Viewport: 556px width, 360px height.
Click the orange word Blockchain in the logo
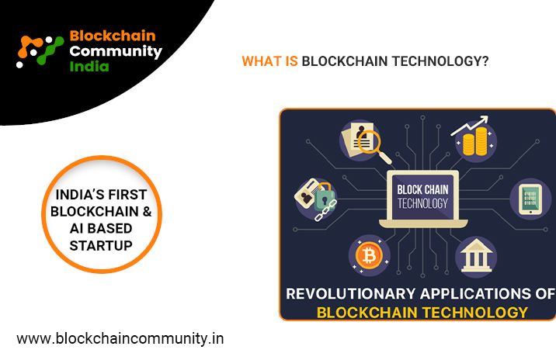pyautogui.click(x=113, y=36)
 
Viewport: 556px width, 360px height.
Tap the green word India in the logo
pyautogui.click(x=89, y=66)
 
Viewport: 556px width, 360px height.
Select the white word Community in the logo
pyautogui.click(x=116, y=52)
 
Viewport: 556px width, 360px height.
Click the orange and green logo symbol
pyautogui.click(x=40, y=50)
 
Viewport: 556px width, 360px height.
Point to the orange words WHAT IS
pyautogui.click(x=269, y=61)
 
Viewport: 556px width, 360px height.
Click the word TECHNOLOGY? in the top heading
pyautogui.click(x=440, y=61)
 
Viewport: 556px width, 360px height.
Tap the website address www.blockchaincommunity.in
pyautogui.click(x=120, y=338)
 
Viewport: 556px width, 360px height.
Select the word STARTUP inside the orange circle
pyautogui.click(x=101, y=245)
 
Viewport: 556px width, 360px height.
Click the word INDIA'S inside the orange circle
pyautogui.click(x=79, y=194)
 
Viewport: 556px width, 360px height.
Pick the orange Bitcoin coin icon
pyautogui.click(x=369, y=255)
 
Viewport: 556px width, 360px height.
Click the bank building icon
pyautogui.click(x=476, y=255)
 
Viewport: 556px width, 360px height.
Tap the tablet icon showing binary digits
pyautogui.click(x=530, y=199)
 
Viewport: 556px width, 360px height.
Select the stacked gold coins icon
pyautogui.click(x=475, y=142)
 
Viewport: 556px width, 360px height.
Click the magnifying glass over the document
pyautogui.click(x=373, y=146)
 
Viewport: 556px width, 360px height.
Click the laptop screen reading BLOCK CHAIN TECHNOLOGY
pyautogui.click(x=422, y=197)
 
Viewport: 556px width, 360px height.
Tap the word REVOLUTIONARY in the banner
pyautogui.click(x=351, y=294)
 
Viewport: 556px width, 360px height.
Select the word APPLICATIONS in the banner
pyautogui.click(x=474, y=294)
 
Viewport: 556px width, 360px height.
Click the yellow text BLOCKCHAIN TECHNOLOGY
pyautogui.click(x=422, y=313)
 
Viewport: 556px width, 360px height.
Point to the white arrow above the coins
pyautogui.click(x=470, y=126)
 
